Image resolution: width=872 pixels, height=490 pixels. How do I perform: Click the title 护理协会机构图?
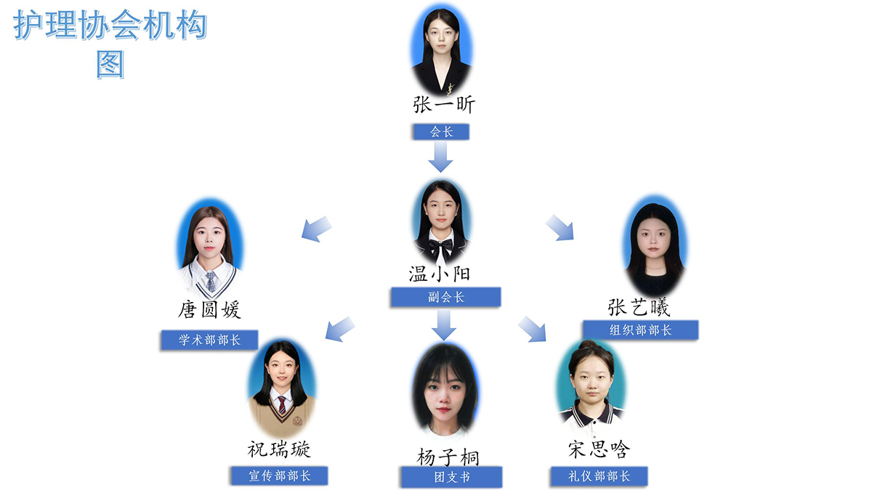point(110,44)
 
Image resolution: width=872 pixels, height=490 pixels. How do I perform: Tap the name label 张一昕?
point(443,105)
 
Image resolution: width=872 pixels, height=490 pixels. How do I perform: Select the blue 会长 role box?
point(441,132)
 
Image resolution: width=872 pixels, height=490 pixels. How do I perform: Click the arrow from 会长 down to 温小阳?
point(440,156)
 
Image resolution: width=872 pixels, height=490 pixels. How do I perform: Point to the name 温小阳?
point(440,274)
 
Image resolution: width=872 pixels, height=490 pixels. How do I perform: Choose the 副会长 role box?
point(445,297)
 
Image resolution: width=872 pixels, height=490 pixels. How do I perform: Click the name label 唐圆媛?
point(209,311)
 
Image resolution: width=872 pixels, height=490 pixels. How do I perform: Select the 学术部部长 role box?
point(210,340)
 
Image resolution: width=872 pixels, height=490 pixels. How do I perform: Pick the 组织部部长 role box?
point(640,330)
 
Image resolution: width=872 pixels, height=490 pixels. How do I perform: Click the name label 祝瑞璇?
point(279,449)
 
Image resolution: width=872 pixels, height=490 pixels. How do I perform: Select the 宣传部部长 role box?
point(279,476)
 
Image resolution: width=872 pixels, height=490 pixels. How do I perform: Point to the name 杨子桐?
point(448,457)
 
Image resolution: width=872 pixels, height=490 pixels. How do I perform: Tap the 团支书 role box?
point(451,478)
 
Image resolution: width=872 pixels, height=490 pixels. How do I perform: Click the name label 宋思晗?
point(599,449)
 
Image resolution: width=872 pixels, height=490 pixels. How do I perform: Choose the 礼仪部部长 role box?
point(599,477)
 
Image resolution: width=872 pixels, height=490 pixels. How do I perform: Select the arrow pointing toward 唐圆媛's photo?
point(316,229)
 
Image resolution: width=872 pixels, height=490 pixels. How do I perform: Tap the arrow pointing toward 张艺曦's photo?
point(560,227)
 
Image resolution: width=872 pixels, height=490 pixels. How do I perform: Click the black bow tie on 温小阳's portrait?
point(440,247)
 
